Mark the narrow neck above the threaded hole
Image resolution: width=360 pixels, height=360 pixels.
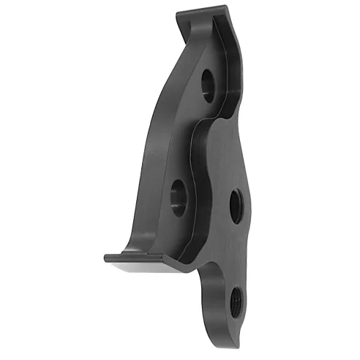click(x=220, y=271)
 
